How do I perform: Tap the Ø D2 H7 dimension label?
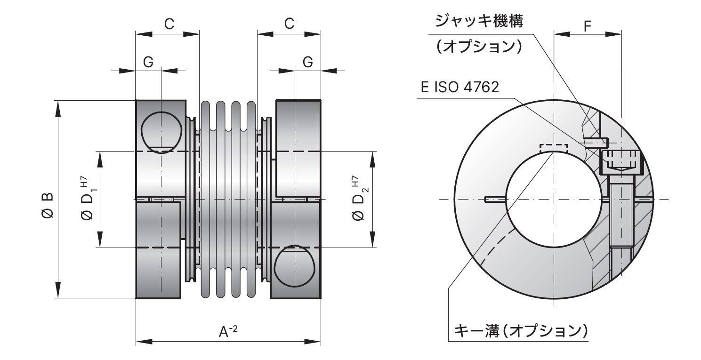coord(359,198)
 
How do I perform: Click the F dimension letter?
coord(588,26)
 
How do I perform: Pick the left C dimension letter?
coord(169,24)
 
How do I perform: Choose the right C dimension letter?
coord(289,24)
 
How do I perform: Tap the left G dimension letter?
coord(148,62)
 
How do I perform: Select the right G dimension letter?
coord(307,62)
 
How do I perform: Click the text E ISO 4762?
coord(459,87)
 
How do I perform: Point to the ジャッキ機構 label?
coord(479,21)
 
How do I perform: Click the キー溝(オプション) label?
coord(521,331)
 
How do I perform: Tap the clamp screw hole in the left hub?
coord(161,132)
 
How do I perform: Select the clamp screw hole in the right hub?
coord(294,266)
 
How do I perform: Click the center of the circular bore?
coord(554,199)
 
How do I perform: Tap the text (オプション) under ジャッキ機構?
coord(479,46)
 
